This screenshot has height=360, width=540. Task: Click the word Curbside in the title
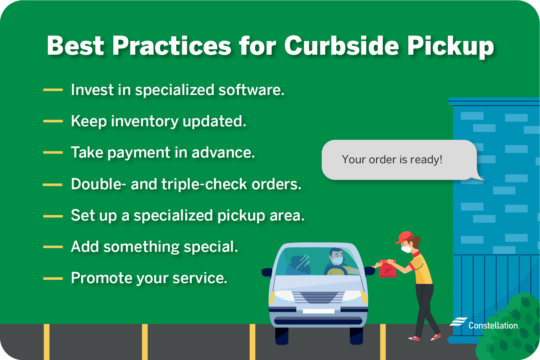(x=342, y=46)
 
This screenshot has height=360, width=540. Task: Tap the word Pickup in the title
(x=450, y=46)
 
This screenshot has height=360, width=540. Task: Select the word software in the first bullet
(x=251, y=90)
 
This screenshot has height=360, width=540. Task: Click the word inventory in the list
(x=145, y=121)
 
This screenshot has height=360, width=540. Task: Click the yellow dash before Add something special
(x=53, y=247)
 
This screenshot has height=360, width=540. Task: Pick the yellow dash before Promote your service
(x=53, y=278)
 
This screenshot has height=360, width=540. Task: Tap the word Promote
(x=101, y=278)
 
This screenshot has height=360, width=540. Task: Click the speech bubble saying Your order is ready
(x=399, y=160)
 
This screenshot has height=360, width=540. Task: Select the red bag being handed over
(x=388, y=269)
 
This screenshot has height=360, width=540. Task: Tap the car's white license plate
(x=318, y=311)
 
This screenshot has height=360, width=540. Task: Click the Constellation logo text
(x=493, y=325)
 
